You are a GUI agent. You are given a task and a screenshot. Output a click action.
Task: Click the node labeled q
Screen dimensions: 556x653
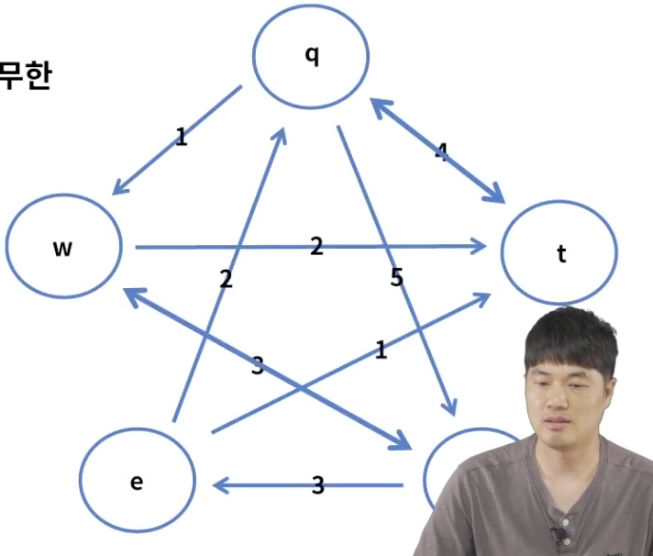pyautogui.click(x=312, y=56)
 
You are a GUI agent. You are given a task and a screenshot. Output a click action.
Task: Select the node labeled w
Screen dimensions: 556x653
pyautogui.click(x=63, y=247)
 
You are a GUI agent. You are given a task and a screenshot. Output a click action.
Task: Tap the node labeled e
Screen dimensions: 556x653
pyautogui.click(x=137, y=481)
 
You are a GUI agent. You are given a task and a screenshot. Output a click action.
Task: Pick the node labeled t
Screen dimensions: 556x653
pyautogui.click(x=560, y=254)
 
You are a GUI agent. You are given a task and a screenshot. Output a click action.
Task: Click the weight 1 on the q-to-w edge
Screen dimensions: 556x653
pyautogui.click(x=181, y=138)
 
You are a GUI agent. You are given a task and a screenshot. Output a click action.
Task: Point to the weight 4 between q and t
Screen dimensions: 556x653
pyautogui.click(x=442, y=152)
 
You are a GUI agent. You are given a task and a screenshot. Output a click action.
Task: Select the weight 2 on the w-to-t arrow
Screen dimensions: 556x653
pyautogui.click(x=316, y=245)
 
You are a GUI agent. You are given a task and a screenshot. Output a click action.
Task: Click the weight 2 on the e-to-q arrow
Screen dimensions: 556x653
pyautogui.click(x=226, y=280)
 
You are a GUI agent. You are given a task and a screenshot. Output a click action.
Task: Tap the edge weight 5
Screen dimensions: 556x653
pyautogui.click(x=396, y=277)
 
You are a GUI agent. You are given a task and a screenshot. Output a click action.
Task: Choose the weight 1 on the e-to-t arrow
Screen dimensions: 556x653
pyautogui.click(x=381, y=349)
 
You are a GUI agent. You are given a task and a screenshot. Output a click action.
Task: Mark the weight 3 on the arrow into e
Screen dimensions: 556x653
pyautogui.click(x=317, y=485)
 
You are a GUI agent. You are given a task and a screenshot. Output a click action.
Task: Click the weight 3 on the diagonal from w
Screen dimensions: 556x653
pyautogui.click(x=258, y=366)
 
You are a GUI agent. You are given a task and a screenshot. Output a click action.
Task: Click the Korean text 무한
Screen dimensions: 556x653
pyautogui.click(x=25, y=75)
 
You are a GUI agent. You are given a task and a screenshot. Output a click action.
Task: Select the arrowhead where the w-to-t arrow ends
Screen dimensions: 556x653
pyautogui.click(x=480, y=246)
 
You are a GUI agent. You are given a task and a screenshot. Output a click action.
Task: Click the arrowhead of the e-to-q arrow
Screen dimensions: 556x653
pyautogui.click(x=282, y=131)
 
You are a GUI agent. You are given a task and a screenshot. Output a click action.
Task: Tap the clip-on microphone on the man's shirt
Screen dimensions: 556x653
pyautogui.click(x=557, y=532)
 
